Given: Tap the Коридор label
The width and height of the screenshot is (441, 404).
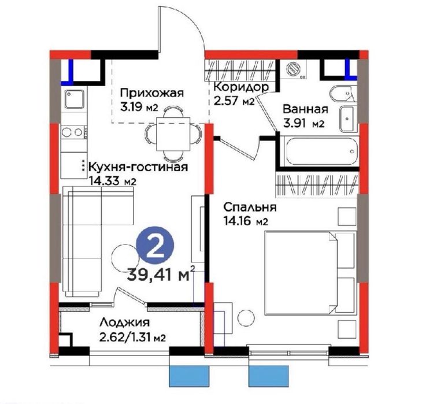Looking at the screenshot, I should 240,87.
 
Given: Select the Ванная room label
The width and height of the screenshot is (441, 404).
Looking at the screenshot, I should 306,109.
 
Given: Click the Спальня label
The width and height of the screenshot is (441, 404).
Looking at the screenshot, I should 250,206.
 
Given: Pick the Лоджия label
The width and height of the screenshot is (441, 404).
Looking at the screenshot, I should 124,324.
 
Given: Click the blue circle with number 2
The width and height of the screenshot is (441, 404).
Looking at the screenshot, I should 155,247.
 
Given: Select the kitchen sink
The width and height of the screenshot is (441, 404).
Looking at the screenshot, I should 74,99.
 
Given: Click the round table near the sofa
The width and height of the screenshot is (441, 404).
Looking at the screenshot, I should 123,253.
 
